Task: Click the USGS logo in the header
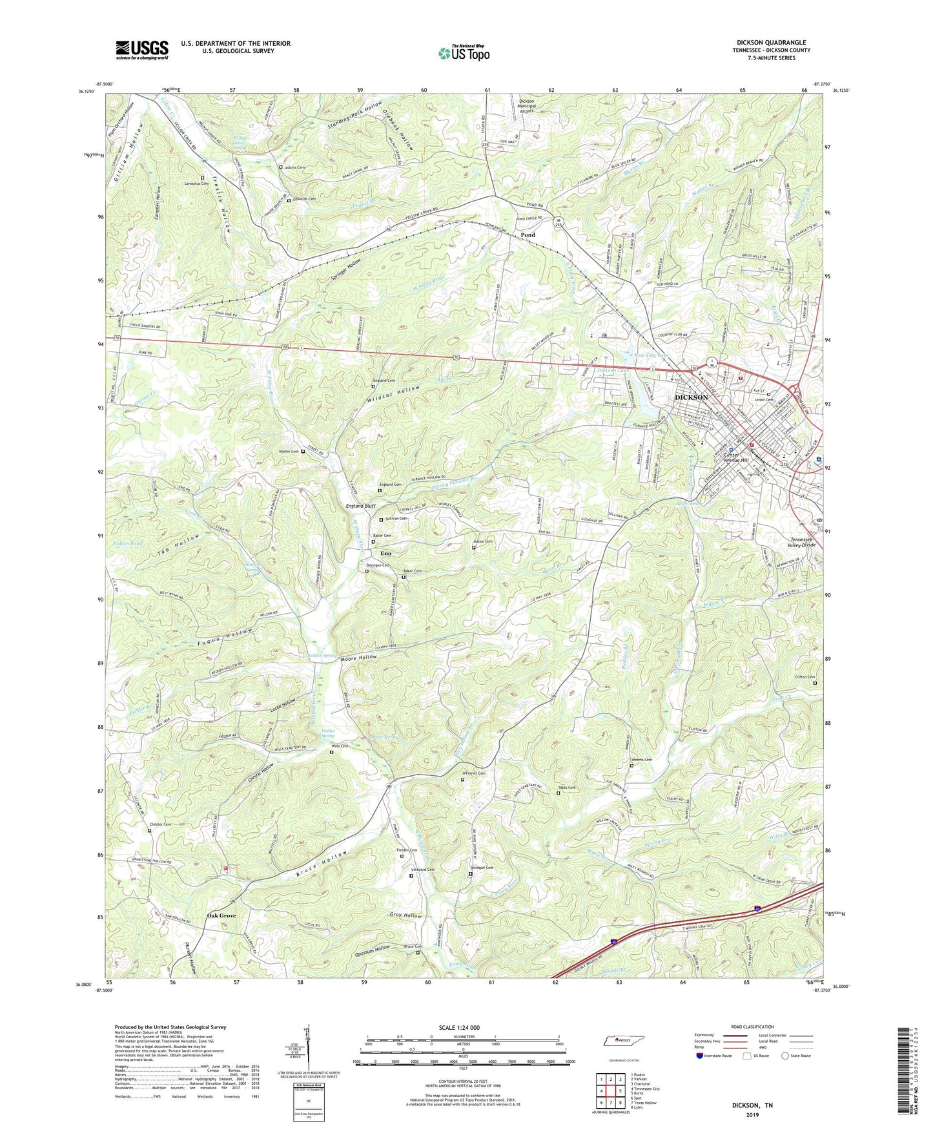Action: point(142,49)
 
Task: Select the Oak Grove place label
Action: point(221,915)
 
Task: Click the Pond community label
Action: point(528,235)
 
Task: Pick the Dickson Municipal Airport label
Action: point(527,105)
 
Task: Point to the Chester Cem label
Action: point(159,824)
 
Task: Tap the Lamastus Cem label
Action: point(196,183)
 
